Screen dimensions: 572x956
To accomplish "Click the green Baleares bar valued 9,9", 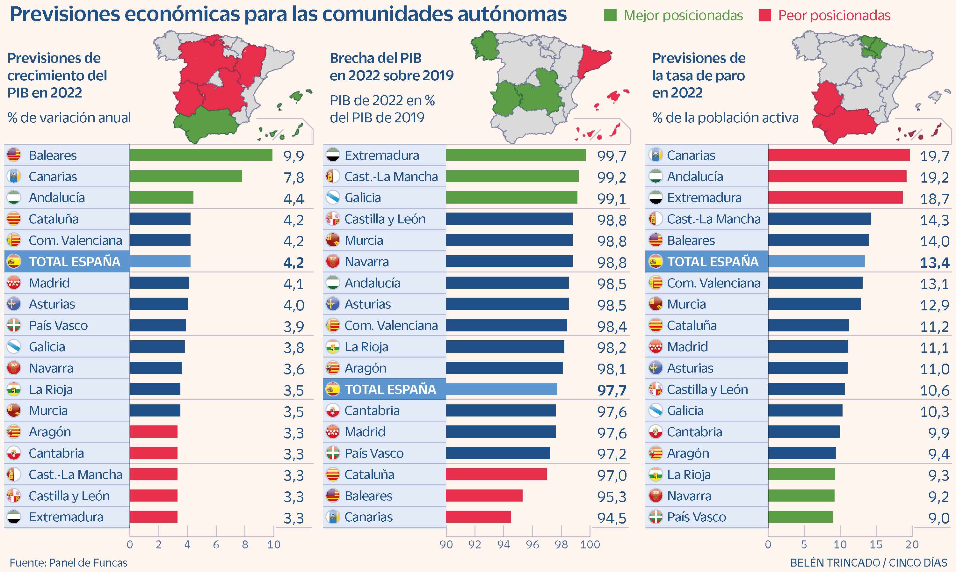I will (x=201, y=155).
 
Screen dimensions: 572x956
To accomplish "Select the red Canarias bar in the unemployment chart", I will (x=838, y=155).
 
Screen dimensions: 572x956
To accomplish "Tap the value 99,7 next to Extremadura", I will (x=612, y=156).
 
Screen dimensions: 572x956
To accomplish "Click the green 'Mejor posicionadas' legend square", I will (x=610, y=15).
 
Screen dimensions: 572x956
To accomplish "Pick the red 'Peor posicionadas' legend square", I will (x=764, y=15).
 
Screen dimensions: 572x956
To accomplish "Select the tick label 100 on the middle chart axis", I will (x=590, y=545).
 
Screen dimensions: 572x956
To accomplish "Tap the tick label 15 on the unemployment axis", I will (x=875, y=545).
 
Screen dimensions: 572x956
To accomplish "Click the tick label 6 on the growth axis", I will (x=216, y=545).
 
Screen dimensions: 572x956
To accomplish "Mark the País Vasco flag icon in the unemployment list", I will (x=655, y=517).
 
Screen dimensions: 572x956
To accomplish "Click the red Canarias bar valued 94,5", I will (x=478, y=517).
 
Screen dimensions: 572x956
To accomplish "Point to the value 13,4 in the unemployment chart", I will (x=934, y=263).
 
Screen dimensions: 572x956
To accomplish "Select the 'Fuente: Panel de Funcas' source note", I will (x=68, y=563).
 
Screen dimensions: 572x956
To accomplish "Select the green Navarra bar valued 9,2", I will (x=801, y=496).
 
